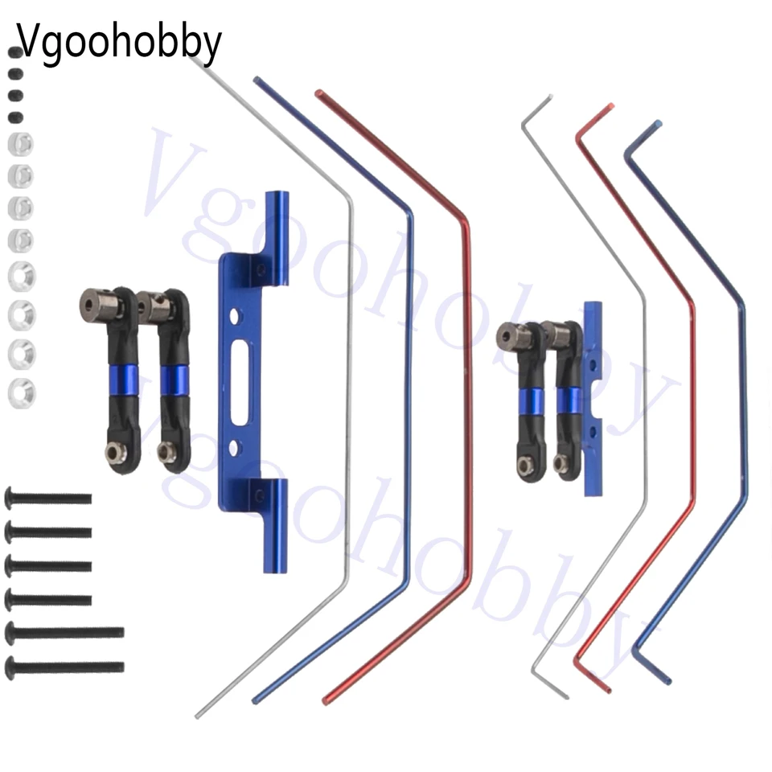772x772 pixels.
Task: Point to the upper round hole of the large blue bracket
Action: pyautogui.click(x=235, y=316)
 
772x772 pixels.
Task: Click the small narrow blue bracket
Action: pyautogui.click(x=593, y=399)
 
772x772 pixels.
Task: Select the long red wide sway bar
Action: pyautogui.click(x=468, y=394)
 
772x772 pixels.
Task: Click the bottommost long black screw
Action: pyautogui.click(x=64, y=667)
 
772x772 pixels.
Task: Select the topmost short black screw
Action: pyautogui.click(x=47, y=499)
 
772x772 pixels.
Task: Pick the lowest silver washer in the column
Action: pyautogui.click(x=22, y=394)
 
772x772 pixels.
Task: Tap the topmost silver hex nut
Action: pyautogui.click(x=21, y=145)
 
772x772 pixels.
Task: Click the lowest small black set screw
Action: pyautogui.click(x=16, y=117)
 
